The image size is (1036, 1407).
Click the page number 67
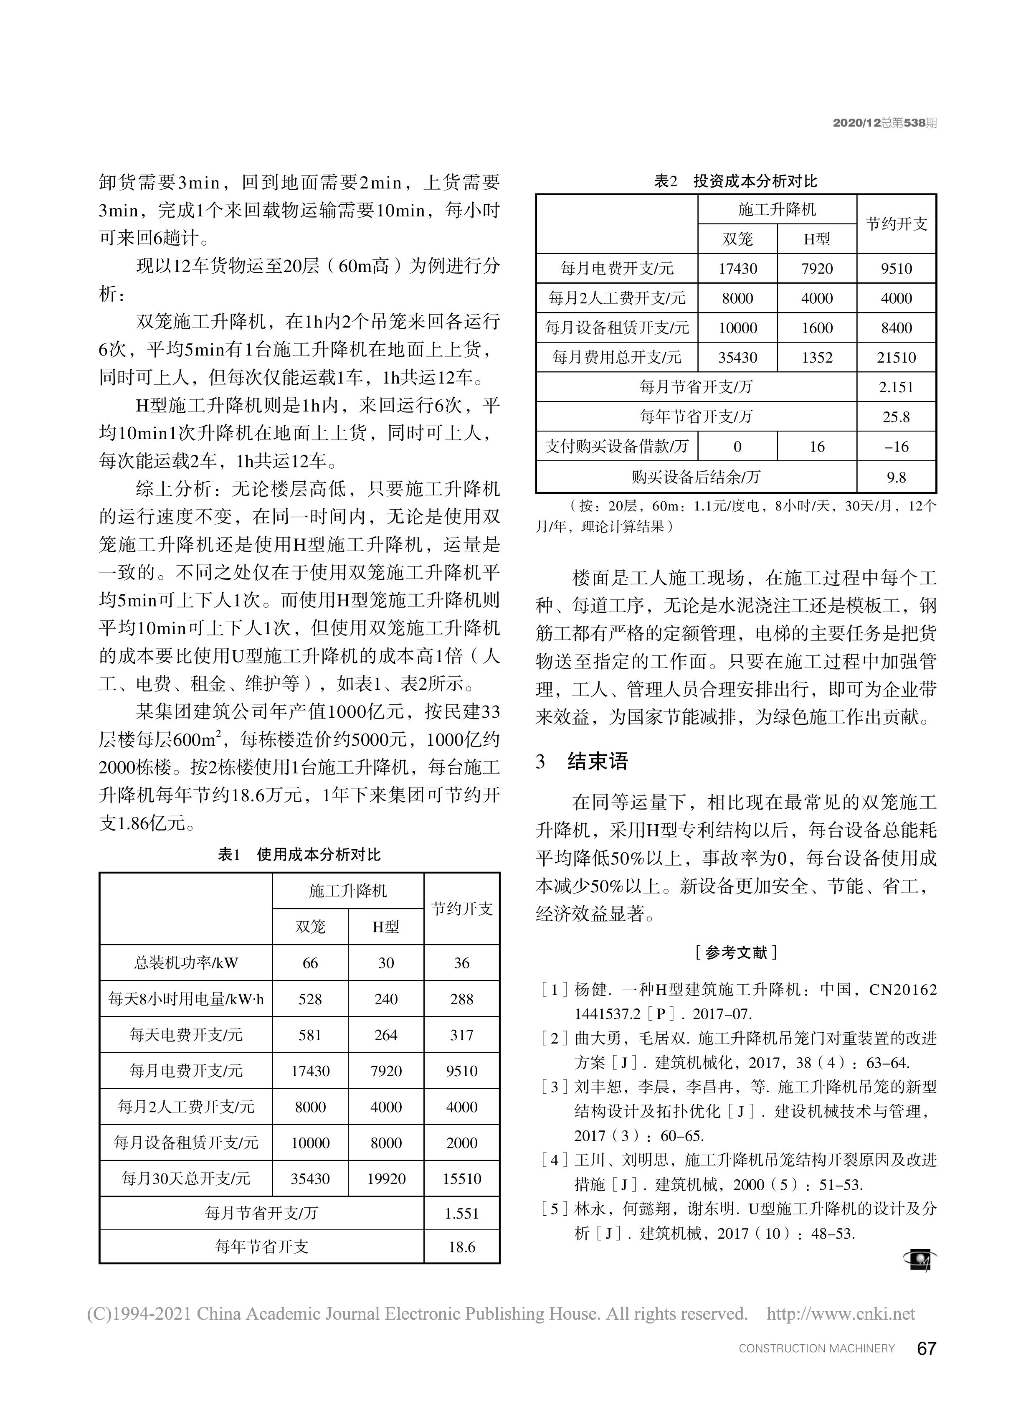(x=926, y=1348)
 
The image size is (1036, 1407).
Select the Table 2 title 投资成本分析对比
(x=755, y=182)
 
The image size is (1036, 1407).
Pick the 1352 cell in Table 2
(x=816, y=358)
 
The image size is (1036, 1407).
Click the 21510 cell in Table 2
(x=896, y=358)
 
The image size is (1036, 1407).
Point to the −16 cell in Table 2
(x=896, y=447)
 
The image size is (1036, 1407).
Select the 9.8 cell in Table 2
(x=896, y=477)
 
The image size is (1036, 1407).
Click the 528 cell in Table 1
(x=310, y=998)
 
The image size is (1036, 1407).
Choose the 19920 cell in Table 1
(x=386, y=1178)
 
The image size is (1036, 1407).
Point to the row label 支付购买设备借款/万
(x=616, y=447)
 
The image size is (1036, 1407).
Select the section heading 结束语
(x=597, y=762)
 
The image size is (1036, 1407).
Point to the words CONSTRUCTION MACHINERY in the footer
(x=816, y=1349)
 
